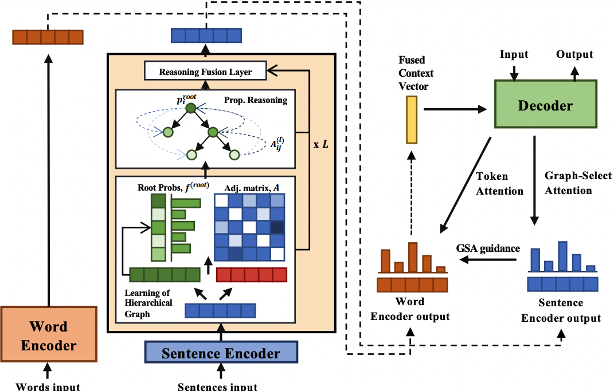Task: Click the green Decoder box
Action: click(545, 105)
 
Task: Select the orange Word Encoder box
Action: click(48, 335)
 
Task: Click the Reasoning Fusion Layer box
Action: click(205, 72)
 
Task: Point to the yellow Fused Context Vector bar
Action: click(411, 120)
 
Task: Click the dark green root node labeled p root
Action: click(190, 107)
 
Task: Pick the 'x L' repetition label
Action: click(320, 143)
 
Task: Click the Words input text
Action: click(48, 386)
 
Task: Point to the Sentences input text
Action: click(217, 386)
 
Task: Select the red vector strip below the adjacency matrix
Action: click(251, 275)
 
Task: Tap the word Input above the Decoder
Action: click(514, 55)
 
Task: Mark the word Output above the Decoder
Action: click(574, 55)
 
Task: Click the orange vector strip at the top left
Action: click(48, 38)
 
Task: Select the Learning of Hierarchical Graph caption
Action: click(148, 303)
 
